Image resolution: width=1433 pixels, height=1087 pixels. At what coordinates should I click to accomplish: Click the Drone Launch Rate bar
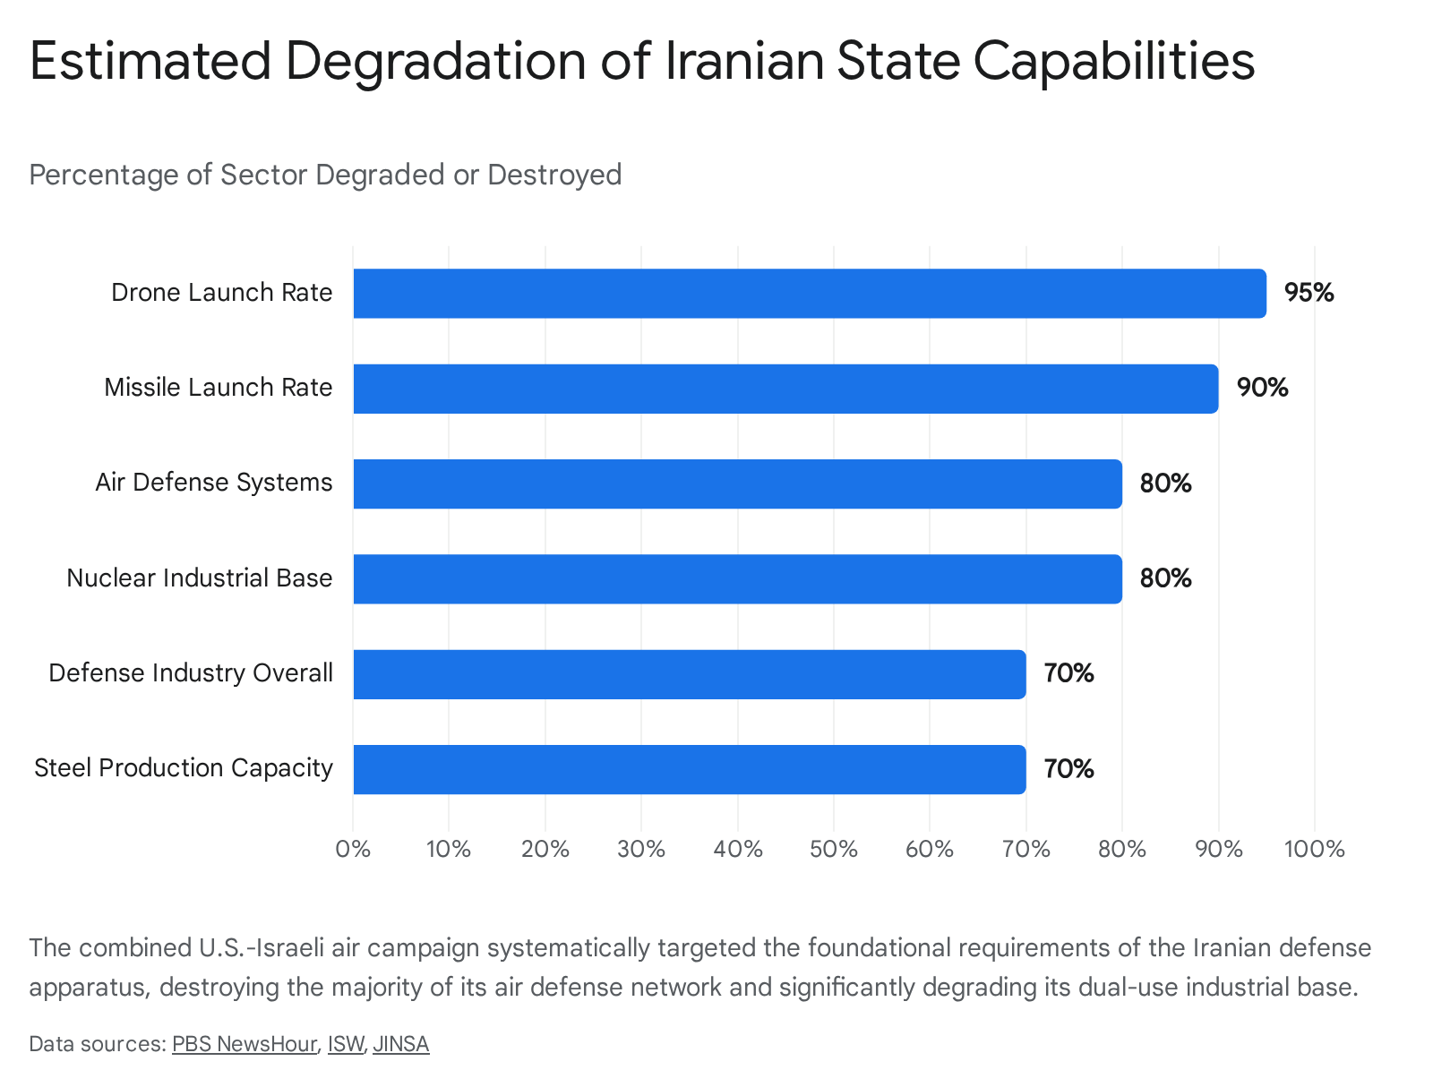pyautogui.click(x=809, y=293)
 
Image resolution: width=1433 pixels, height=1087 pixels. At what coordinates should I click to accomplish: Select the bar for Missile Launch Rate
pyautogui.click(x=785, y=388)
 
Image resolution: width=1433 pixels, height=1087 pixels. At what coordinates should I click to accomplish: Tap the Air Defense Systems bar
pyautogui.click(x=737, y=484)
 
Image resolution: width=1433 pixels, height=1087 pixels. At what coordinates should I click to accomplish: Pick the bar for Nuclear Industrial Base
pyautogui.click(x=737, y=578)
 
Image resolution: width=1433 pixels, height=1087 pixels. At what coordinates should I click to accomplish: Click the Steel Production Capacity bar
pyautogui.click(x=689, y=769)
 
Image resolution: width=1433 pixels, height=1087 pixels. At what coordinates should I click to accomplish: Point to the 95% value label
pyautogui.click(x=1309, y=293)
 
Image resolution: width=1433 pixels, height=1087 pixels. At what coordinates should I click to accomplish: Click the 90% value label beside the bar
pyautogui.click(x=1261, y=388)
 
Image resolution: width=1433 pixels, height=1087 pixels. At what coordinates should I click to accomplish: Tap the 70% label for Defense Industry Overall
pyautogui.click(x=1068, y=673)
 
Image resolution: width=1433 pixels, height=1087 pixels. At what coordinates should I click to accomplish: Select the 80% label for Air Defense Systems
pyautogui.click(x=1165, y=484)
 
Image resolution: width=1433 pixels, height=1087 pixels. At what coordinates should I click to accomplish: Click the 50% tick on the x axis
pyautogui.click(x=833, y=849)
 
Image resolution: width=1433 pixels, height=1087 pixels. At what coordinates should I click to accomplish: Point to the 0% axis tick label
pyautogui.click(x=353, y=849)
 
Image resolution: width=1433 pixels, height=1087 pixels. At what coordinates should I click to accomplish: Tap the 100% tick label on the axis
pyautogui.click(x=1314, y=849)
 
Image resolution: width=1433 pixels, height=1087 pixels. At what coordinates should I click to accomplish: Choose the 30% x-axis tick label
pyautogui.click(x=641, y=849)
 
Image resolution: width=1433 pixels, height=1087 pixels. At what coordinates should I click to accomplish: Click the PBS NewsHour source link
pyautogui.click(x=245, y=1044)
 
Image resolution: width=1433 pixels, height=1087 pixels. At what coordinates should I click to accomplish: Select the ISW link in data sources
pyautogui.click(x=346, y=1044)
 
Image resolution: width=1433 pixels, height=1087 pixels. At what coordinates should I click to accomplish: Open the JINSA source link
pyautogui.click(x=400, y=1044)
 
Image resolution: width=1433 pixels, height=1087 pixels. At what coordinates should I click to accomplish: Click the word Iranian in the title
pyautogui.click(x=743, y=61)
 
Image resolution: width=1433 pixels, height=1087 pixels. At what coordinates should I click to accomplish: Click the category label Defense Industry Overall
pyautogui.click(x=191, y=673)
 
